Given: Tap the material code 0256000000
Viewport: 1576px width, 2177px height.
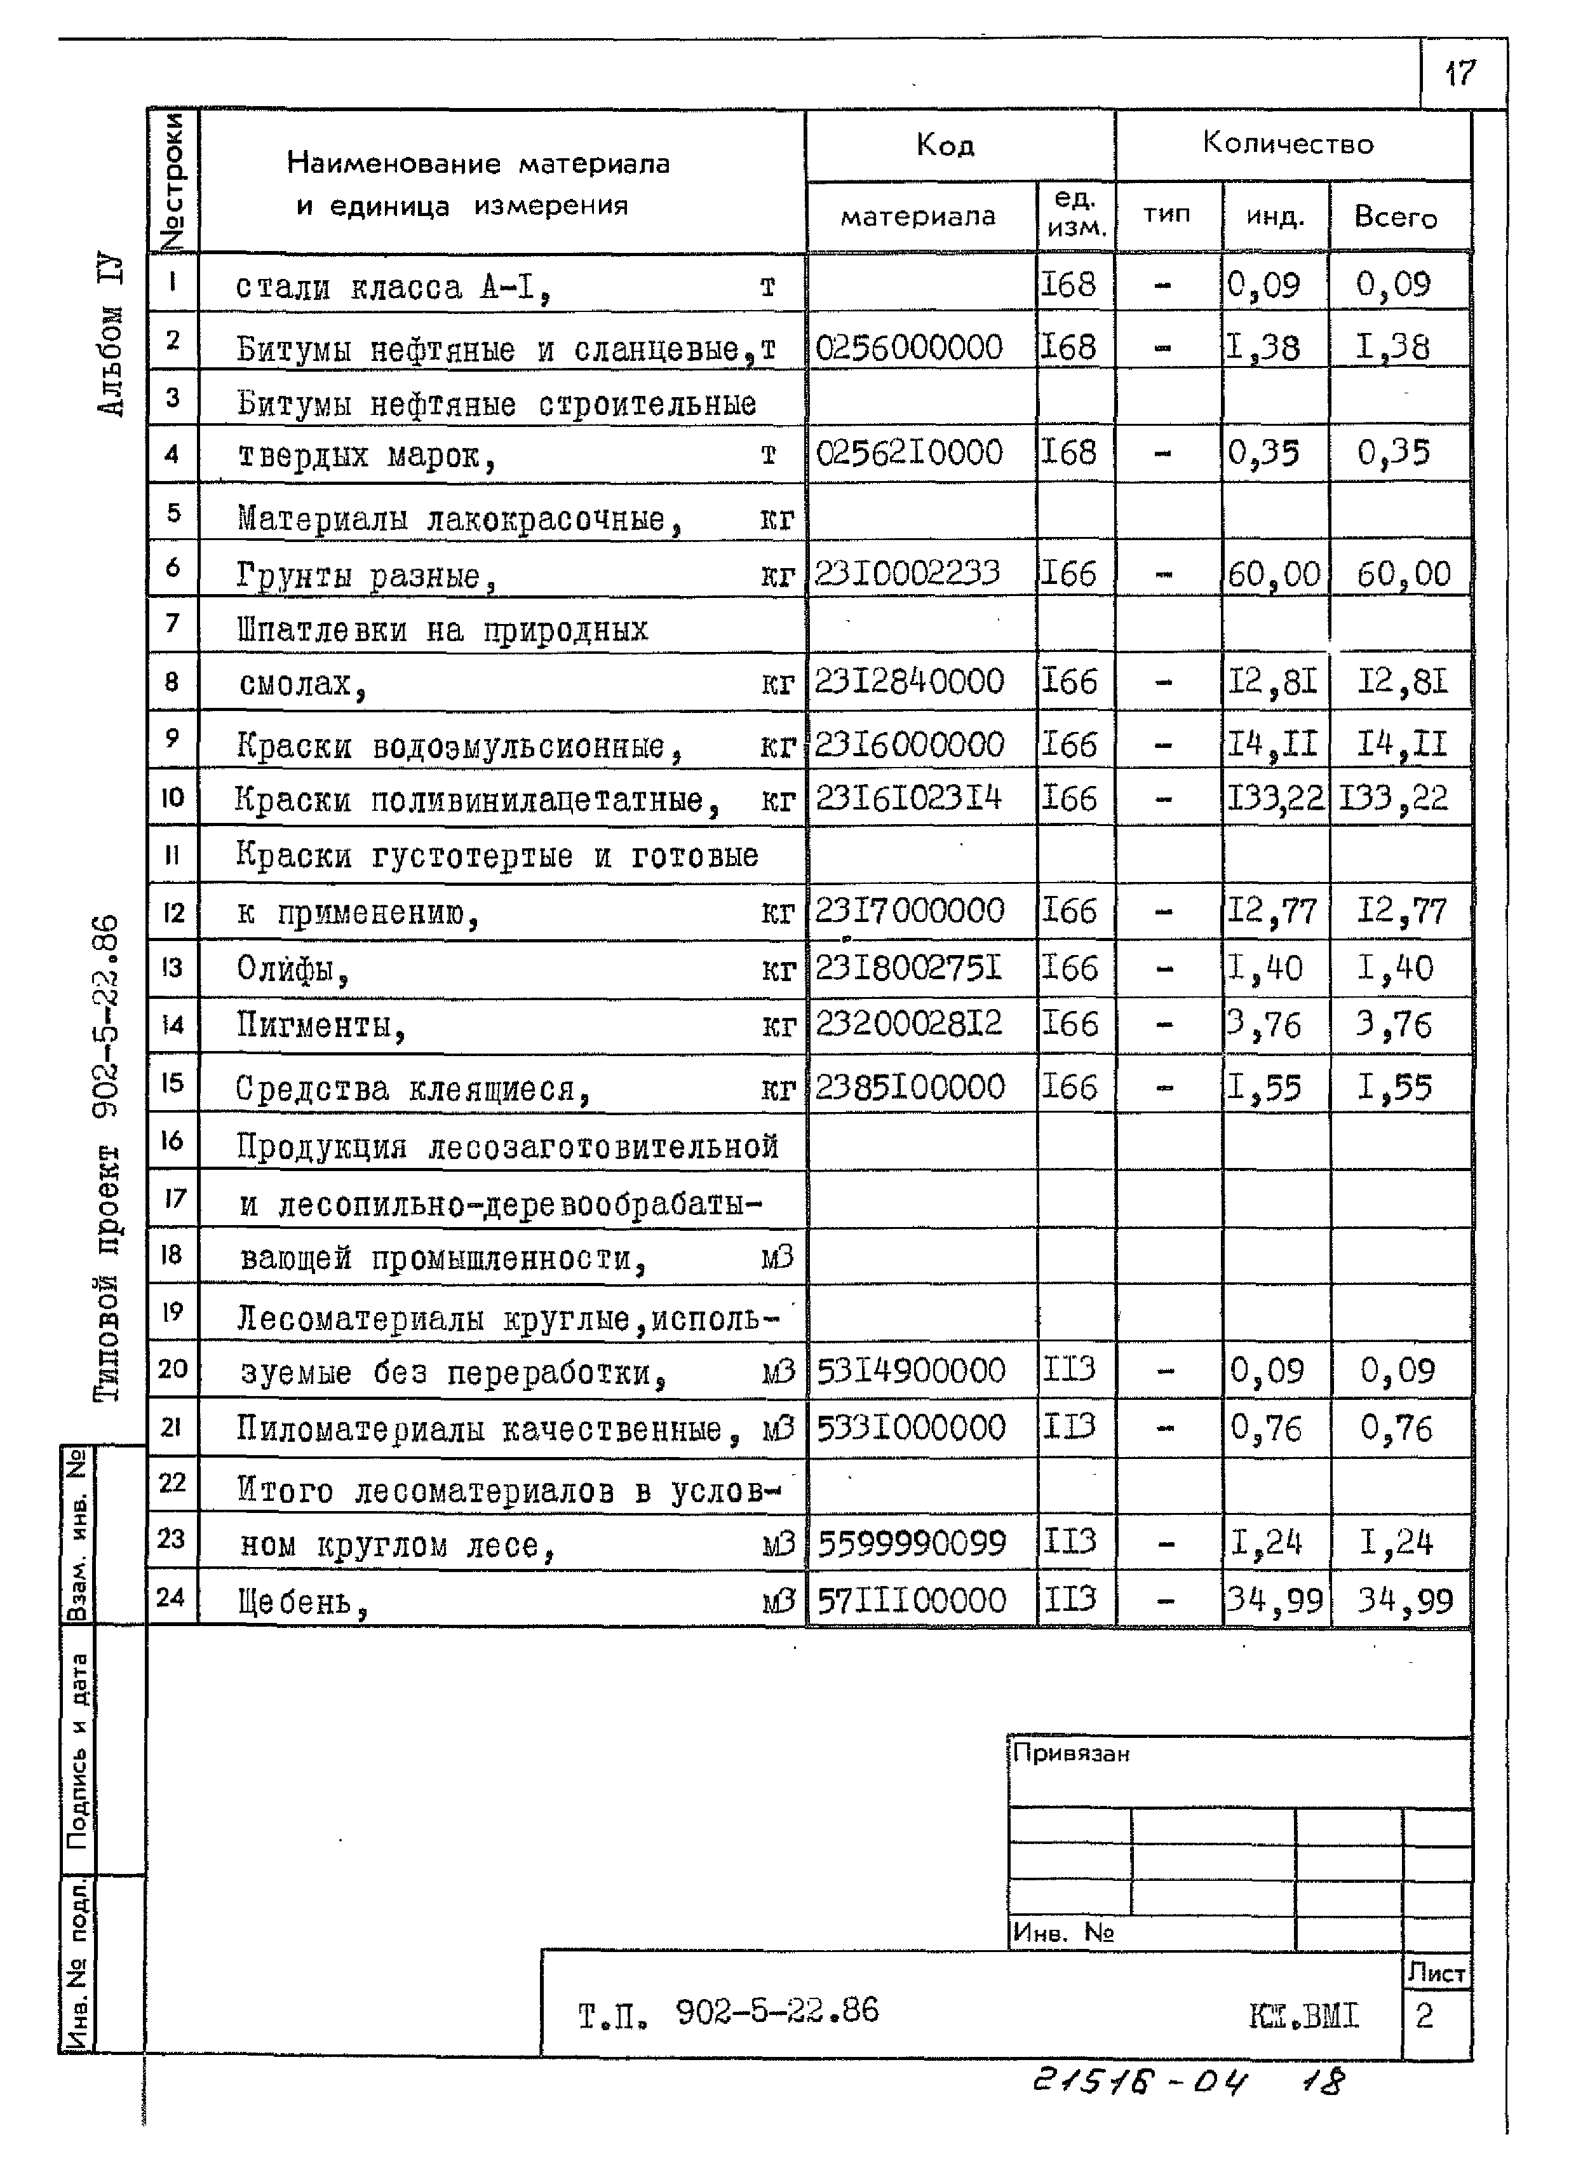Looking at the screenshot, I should click(908, 346).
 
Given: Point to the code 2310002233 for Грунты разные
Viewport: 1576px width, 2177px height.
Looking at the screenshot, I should click(907, 573).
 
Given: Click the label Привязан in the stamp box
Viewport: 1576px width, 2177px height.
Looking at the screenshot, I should click(1070, 1754).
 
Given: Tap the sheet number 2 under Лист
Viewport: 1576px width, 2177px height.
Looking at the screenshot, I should click(1424, 2015).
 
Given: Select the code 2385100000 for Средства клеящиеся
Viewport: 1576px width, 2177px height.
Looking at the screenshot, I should click(909, 1087).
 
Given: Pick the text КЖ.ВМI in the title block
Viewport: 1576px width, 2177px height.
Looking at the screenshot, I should click(1303, 2015).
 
